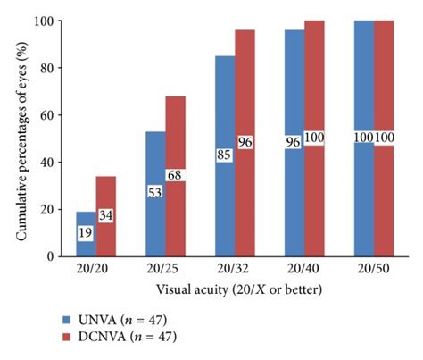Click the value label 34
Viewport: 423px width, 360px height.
coord(107,215)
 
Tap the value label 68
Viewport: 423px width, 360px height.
coord(176,176)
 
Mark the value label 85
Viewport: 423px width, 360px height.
coord(225,155)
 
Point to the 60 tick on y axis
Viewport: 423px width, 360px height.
coord(42,114)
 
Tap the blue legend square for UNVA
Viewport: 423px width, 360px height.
coord(67,317)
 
